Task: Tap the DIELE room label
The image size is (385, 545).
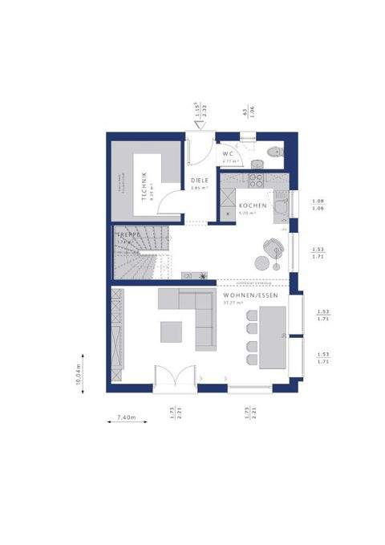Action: point(199,181)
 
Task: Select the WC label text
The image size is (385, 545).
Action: point(229,153)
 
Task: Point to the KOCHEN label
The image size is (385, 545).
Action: point(253,206)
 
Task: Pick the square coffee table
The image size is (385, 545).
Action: point(171,331)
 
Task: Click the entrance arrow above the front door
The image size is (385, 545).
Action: point(198,123)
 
